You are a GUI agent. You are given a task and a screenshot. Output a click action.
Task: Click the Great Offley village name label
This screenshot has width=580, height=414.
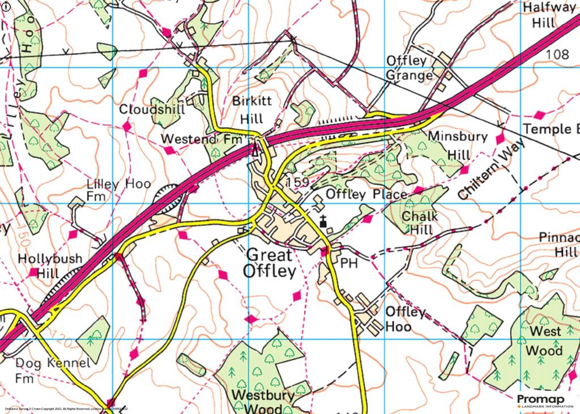pyautogui.click(x=270, y=263)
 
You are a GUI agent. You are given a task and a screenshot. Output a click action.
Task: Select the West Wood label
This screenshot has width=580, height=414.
pyautogui.click(x=544, y=340)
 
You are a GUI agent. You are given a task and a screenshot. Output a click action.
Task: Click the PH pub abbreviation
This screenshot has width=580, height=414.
pyautogui.click(x=347, y=263)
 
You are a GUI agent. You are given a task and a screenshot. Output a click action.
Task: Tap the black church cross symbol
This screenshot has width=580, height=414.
pyautogui.click(x=323, y=221)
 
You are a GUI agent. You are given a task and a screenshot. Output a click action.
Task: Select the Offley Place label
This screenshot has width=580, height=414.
pyautogui.click(x=366, y=195)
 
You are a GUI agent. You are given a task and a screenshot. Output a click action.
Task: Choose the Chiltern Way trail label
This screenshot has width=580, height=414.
pyautogui.click(x=487, y=170)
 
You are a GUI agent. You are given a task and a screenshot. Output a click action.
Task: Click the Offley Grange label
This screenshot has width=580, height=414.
pyautogui.click(x=410, y=68)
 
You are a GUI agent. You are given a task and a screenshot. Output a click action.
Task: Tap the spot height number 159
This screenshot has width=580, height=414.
pyautogui.click(x=297, y=182)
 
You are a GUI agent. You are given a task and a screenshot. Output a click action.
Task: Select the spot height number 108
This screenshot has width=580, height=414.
pyautogui.click(x=558, y=54)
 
